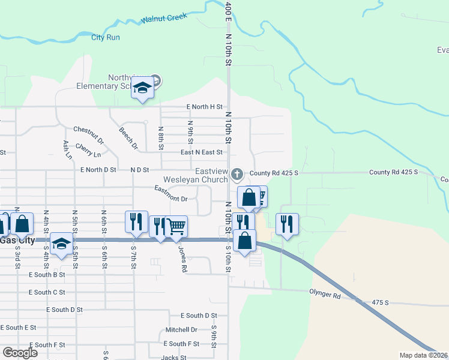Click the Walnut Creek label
click(x=164, y=19)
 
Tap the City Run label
click(x=106, y=37)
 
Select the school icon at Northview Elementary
click(x=143, y=89)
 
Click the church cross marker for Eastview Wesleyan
click(x=237, y=175)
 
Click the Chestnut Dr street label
click(x=88, y=135)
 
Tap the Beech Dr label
click(x=128, y=138)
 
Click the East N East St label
click(x=202, y=152)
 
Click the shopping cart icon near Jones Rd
click(x=176, y=227)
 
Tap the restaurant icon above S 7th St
click(x=136, y=221)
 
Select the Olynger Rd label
click(x=325, y=296)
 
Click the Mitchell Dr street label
click(x=182, y=330)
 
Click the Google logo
click(x=20, y=352)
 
